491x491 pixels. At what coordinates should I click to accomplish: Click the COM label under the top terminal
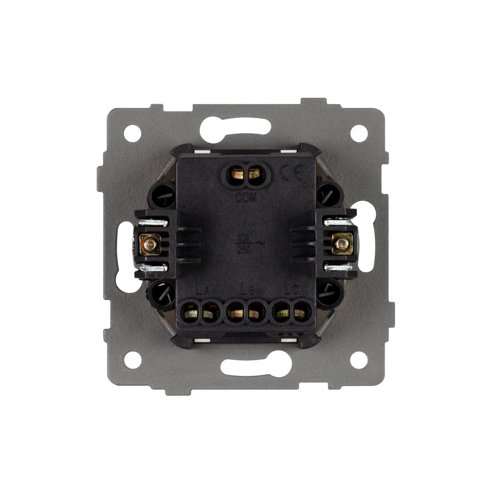pyautogui.click(x=245, y=199)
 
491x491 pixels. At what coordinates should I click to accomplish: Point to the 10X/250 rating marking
pyautogui.click(x=246, y=243)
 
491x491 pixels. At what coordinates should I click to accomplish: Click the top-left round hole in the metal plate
pyautogui.click(x=132, y=133)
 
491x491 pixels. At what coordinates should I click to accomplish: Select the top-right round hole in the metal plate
pyautogui.click(x=358, y=133)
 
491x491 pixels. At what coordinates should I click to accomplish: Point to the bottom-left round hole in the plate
pyautogui.click(x=132, y=359)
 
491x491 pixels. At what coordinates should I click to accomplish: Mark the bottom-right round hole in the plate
pyautogui.click(x=358, y=359)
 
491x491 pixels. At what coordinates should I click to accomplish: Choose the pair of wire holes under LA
pyautogui.click(x=200, y=313)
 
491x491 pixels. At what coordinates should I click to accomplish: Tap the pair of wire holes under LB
pyautogui.click(x=245, y=313)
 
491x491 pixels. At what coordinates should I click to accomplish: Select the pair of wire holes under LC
pyautogui.click(x=291, y=313)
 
